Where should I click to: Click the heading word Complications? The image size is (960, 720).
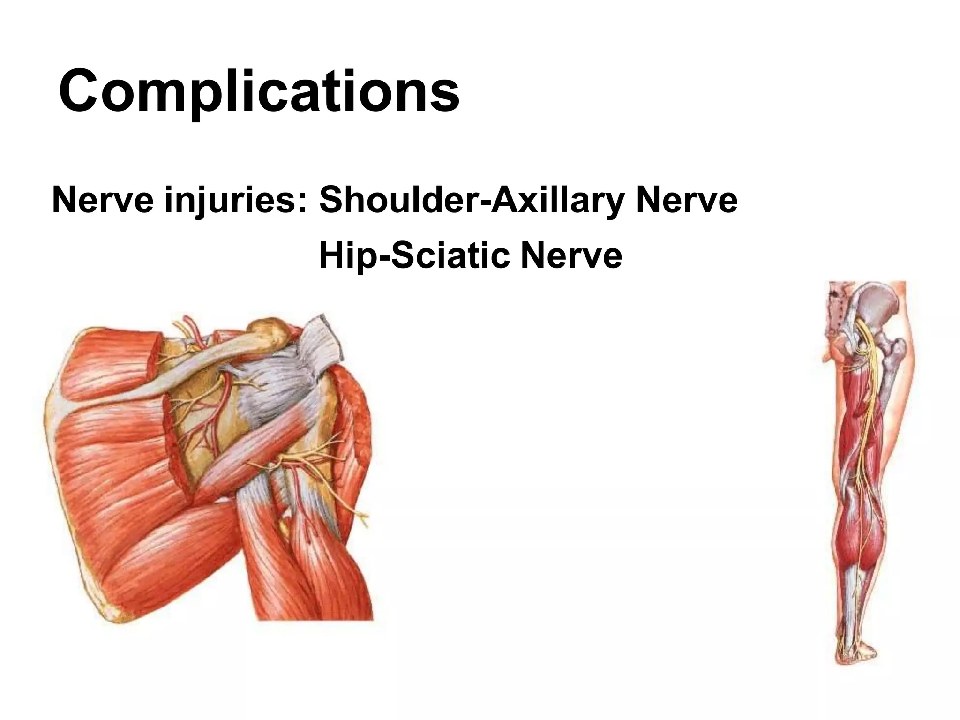pos(259,90)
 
